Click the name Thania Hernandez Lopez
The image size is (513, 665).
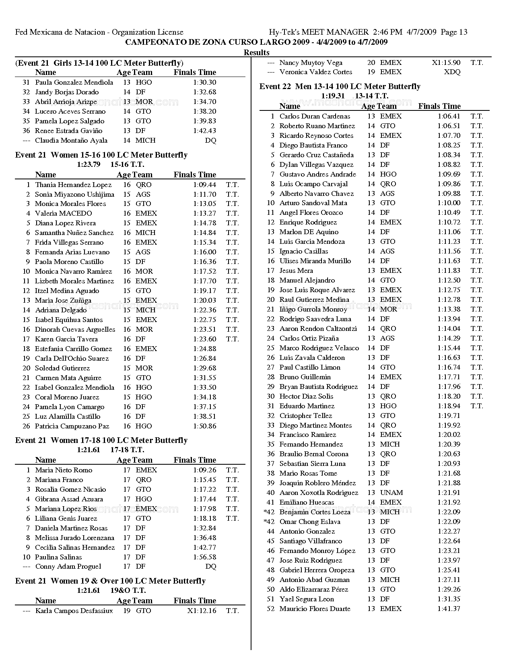[x=73, y=185]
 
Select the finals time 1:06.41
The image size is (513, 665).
[x=449, y=116]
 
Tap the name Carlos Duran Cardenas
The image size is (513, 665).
[x=315, y=116]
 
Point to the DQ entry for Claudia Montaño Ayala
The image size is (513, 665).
[x=210, y=140]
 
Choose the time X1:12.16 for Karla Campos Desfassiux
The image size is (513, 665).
[x=202, y=611]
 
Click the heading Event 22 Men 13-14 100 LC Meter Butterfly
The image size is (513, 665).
[x=340, y=86]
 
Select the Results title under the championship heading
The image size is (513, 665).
[x=256, y=52]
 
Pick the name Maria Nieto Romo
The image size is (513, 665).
[x=64, y=470]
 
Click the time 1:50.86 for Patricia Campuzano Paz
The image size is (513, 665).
[x=204, y=426]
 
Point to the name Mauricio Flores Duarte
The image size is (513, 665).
[x=315, y=609]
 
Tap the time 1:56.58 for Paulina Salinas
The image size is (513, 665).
[x=204, y=557]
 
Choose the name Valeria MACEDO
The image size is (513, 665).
[x=63, y=213]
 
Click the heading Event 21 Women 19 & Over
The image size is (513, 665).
[x=110, y=581]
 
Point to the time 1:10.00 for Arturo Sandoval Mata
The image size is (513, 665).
[x=449, y=203]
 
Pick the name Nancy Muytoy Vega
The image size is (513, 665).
[x=311, y=62]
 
